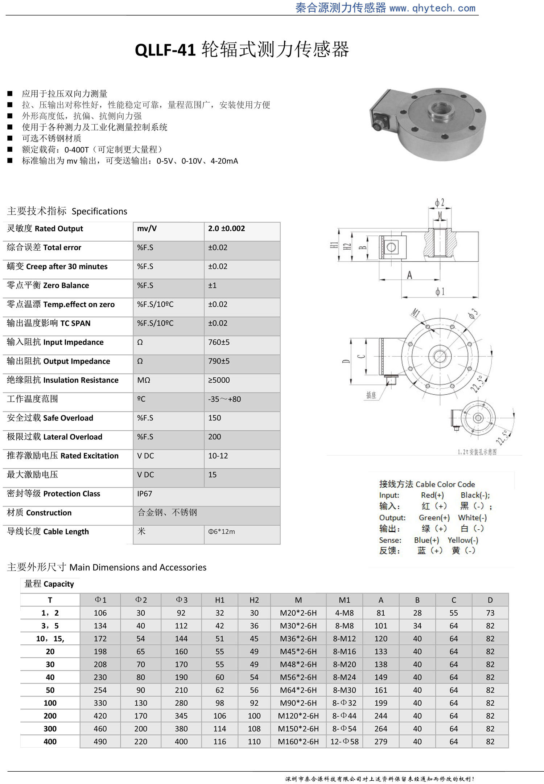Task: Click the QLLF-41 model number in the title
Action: (165, 50)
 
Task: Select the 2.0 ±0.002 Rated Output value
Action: (226, 229)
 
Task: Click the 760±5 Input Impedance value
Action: (219, 342)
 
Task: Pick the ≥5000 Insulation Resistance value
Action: (219, 380)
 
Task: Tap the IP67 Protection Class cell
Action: (145, 494)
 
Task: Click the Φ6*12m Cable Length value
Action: (221, 531)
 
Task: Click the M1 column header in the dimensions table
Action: (344, 600)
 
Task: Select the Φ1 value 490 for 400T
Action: (100, 742)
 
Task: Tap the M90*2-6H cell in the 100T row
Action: (298, 703)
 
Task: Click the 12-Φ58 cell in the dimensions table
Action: (344, 742)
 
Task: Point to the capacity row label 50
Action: (50, 690)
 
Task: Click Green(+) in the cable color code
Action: (434, 518)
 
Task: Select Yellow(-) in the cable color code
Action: (463, 540)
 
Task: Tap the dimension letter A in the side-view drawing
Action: (409, 275)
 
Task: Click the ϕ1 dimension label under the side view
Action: (440, 292)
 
